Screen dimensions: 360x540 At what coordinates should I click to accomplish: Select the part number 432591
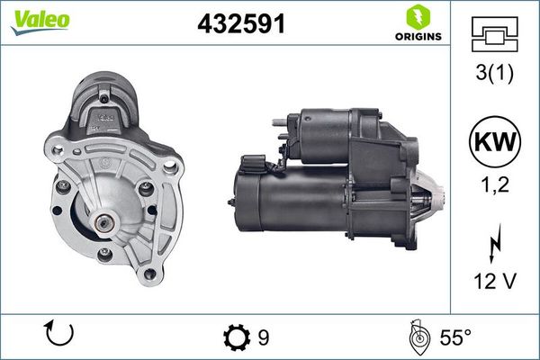click(241, 24)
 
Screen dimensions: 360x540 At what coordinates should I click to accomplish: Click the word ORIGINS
click(416, 37)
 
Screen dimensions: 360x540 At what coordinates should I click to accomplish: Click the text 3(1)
click(494, 75)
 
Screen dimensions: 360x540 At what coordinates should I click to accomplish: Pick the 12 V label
click(494, 282)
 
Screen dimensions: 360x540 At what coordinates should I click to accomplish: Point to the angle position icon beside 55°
click(418, 337)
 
